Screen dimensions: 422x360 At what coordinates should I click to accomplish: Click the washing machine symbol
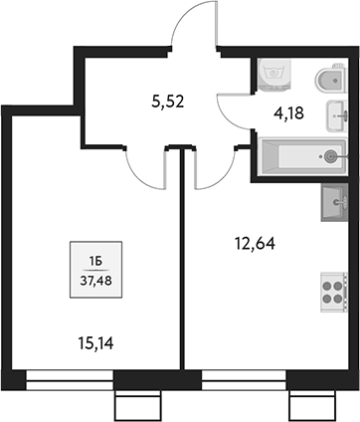pyautogui.click(x=272, y=74)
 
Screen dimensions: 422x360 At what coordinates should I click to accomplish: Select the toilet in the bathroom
pyautogui.click(x=326, y=80)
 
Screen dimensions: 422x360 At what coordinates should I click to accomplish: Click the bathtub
pyautogui.click(x=301, y=156)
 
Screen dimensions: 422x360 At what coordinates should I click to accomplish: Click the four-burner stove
pyautogui.click(x=332, y=292)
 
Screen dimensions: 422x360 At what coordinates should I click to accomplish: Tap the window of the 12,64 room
pyautogui.click(x=244, y=377)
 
